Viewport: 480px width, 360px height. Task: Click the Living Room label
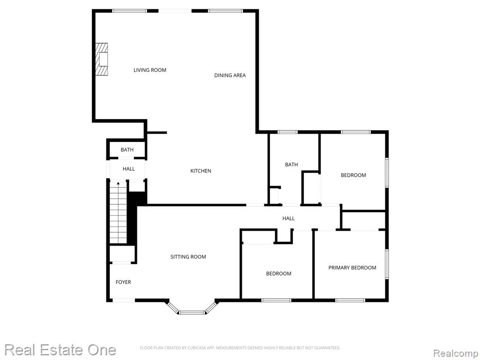pyautogui.click(x=150, y=70)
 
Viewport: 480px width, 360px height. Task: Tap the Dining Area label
pyautogui.click(x=230, y=75)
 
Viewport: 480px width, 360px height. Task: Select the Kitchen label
pyautogui.click(x=201, y=171)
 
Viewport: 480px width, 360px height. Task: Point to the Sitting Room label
pyautogui.click(x=188, y=257)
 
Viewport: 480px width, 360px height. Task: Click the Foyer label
pyautogui.click(x=123, y=282)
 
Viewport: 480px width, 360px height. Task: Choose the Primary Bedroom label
pyautogui.click(x=352, y=268)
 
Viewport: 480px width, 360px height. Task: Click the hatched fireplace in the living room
pyautogui.click(x=101, y=59)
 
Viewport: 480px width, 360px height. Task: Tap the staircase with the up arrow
pyautogui.click(x=118, y=212)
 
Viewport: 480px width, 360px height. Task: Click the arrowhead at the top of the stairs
pyautogui.click(x=118, y=183)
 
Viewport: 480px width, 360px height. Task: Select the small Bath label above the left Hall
pyautogui.click(x=127, y=150)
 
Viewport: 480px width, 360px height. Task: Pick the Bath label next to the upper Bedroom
pyautogui.click(x=292, y=165)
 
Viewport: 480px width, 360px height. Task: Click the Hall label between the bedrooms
pyautogui.click(x=288, y=218)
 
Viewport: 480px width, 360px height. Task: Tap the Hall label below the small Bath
pyautogui.click(x=129, y=169)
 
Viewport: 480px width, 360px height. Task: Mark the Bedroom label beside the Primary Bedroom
pyautogui.click(x=278, y=274)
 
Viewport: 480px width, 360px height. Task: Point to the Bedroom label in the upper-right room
pyautogui.click(x=353, y=175)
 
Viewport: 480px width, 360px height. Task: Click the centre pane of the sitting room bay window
pyautogui.click(x=192, y=313)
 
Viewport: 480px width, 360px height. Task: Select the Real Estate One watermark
pyautogui.click(x=60, y=350)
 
